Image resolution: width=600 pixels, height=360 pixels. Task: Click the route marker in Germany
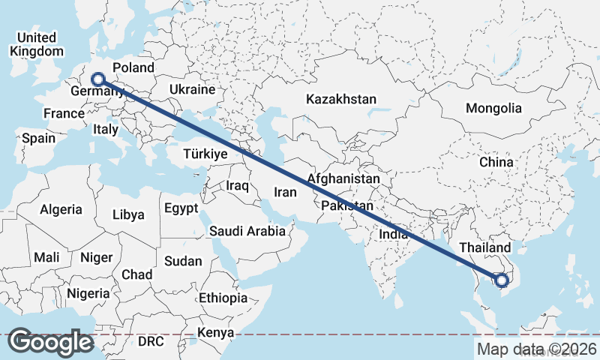click(97, 78)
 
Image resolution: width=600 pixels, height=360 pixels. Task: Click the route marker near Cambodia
click(501, 280)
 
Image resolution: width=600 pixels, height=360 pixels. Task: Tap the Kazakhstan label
click(341, 99)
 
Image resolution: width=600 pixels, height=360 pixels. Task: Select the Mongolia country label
click(493, 108)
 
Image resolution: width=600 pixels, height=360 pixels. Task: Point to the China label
click(496, 161)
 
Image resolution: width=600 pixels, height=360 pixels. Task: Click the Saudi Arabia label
click(247, 231)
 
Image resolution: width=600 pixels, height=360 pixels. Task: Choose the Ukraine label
click(193, 89)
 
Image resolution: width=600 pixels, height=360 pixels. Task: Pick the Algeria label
click(61, 209)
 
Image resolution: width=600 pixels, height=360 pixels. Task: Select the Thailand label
click(485, 247)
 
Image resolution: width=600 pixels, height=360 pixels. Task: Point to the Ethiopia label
click(223, 298)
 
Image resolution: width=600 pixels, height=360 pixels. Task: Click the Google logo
click(50, 342)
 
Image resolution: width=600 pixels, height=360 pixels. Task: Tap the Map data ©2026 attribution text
click(537, 349)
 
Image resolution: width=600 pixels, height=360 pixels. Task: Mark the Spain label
click(38, 138)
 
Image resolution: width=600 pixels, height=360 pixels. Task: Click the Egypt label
click(181, 208)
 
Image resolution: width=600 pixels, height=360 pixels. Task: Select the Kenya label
click(216, 332)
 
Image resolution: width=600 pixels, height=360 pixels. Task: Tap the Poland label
click(133, 67)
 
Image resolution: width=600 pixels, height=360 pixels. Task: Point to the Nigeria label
click(88, 292)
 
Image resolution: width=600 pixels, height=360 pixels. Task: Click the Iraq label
click(237, 184)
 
